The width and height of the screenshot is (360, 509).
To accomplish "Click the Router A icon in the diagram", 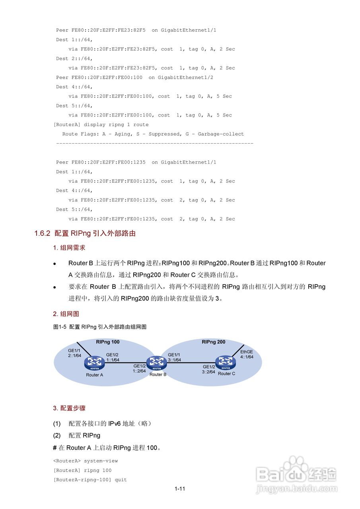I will pyautogui.click(x=94, y=362).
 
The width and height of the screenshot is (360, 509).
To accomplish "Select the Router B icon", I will pyautogui.click(x=157, y=362).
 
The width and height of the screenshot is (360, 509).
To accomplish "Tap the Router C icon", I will pyautogui.click(x=226, y=361).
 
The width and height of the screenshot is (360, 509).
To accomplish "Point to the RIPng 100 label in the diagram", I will pyautogui.click(x=107, y=342).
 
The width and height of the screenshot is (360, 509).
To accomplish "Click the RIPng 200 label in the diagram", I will pyautogui.click(x=213, y=342).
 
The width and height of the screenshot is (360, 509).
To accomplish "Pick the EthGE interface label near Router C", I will pyautogui.click(x=247, y=352).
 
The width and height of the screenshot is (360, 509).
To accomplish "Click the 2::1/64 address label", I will pyautogui.click(x=74, y=356).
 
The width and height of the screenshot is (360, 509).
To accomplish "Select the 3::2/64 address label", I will pyautogui.click(x=208, y=372).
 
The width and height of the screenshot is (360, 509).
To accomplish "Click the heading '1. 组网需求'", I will pyautogui.click(x=69, y=248).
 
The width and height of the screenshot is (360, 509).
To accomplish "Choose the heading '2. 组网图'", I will pyautogui.click(x=66, y=314).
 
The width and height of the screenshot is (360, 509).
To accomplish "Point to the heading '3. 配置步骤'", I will pyautogui.click(x=69, y=408).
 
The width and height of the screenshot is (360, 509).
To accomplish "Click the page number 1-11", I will pyautogui.click(x=180, y=489).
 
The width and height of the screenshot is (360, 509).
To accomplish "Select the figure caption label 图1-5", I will pyautogui.click(x=60, y=327).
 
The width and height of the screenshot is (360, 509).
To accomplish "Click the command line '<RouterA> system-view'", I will pyautogui.click(x=86, y=461).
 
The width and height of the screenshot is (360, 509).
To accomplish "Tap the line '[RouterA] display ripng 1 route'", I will pyautogui.click(x=101, y=124).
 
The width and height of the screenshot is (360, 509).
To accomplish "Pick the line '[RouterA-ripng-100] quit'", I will pyautogui.click(x=90, y=480).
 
